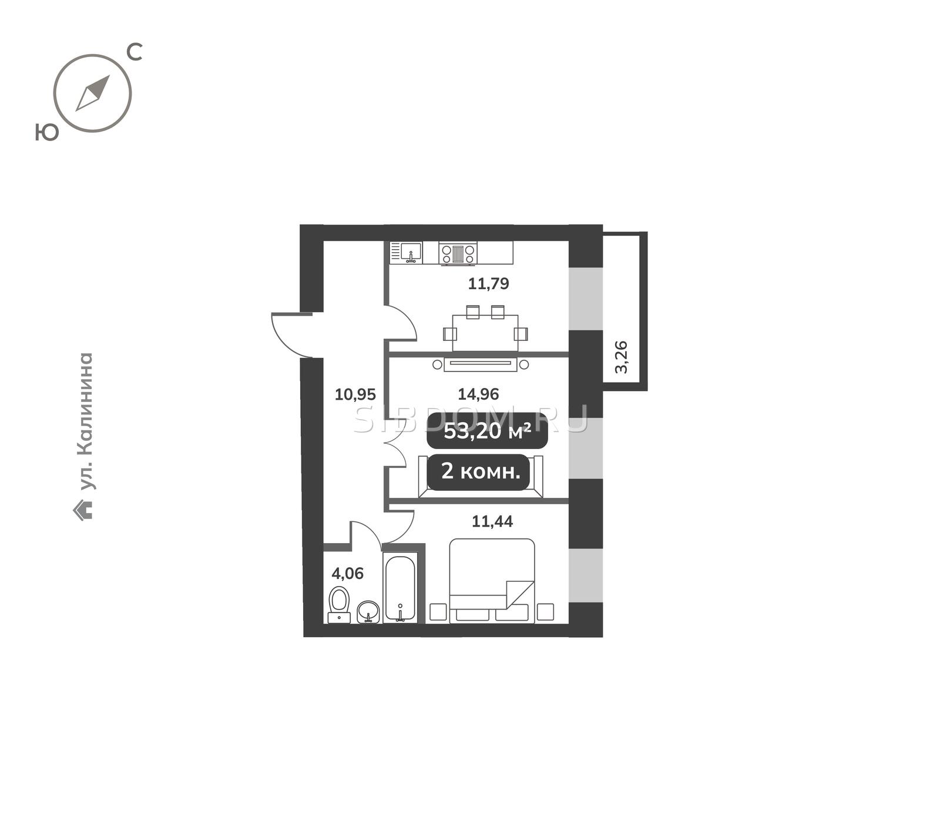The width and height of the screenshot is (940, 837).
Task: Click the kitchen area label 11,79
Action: [488, 284]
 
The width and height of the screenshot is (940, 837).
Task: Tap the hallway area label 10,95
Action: [355, 394]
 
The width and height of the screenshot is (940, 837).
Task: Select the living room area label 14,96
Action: [478, 394]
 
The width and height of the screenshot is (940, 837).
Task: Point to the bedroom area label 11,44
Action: [492, 521]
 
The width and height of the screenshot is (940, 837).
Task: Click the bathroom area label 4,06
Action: [347, 573]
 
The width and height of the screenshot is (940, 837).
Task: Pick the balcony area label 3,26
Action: [621, 357]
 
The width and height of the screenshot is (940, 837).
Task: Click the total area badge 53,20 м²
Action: [487, 431]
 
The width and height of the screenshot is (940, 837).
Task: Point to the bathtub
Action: [400, 588]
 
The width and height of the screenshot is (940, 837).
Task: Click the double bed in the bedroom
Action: [492, 581]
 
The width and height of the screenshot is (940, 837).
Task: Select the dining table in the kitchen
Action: [485, 333]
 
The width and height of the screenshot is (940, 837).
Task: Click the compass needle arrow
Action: [93, 93]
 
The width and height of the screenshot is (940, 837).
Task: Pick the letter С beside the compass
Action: [135, 52]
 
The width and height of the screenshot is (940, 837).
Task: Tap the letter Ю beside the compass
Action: [47, 132]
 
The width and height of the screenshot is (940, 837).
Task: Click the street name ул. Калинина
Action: [86, 421]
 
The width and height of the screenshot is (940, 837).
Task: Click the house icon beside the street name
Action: [83, 510]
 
